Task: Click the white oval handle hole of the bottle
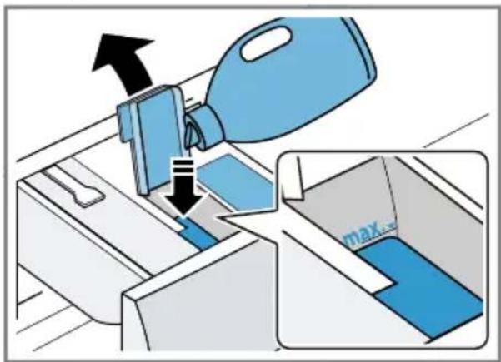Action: point(266,43)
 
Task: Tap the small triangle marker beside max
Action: point(390,226)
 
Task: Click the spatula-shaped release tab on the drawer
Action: point(76,187)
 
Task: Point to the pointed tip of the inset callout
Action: point(218,216)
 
